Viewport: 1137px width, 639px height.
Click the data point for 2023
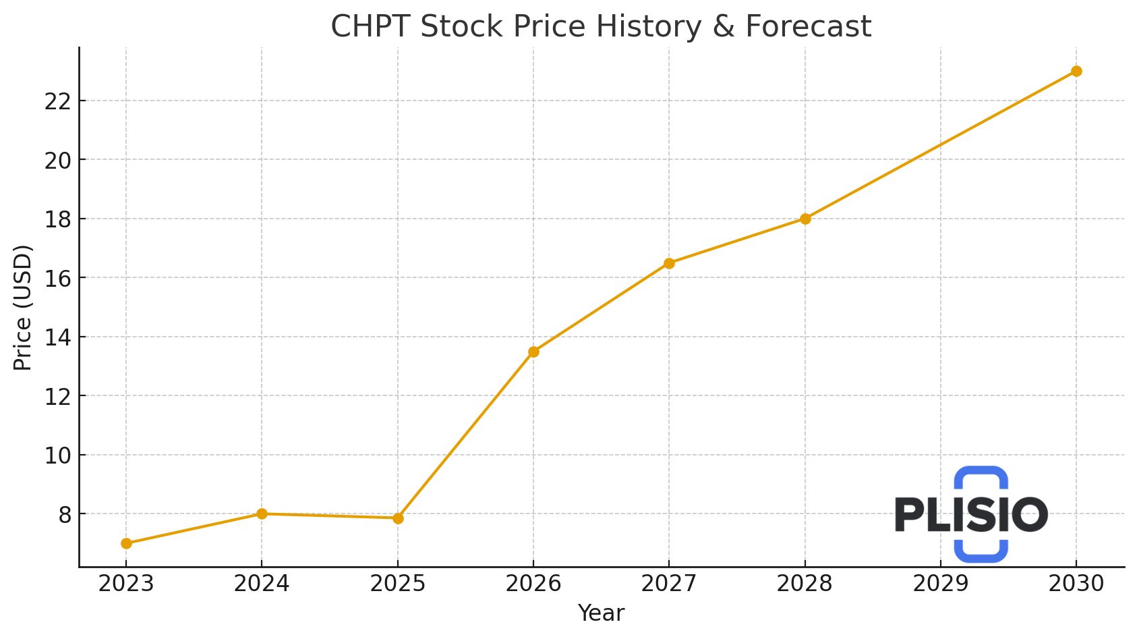126,543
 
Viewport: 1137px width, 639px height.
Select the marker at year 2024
262,513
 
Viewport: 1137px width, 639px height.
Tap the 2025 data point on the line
398,518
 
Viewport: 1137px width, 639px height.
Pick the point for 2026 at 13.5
533,352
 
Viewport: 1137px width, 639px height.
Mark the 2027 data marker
669,263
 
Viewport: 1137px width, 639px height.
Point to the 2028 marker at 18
805,219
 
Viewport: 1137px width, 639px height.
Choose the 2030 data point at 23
1076,71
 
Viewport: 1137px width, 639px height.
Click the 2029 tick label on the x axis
940,584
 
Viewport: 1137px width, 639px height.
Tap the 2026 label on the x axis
533,584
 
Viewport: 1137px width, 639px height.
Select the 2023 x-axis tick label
126,584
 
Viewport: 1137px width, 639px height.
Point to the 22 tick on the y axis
57,101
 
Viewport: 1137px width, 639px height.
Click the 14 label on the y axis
57,337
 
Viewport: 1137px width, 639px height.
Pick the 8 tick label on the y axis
64,514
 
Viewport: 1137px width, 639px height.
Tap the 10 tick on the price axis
57,455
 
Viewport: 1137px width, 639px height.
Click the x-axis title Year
601,613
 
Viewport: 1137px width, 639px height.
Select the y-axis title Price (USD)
23,307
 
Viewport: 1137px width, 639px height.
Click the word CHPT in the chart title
370,27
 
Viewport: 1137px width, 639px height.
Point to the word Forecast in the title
808,27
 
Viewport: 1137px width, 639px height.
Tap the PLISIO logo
971,514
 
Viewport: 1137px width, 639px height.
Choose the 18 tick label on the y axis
57,219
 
